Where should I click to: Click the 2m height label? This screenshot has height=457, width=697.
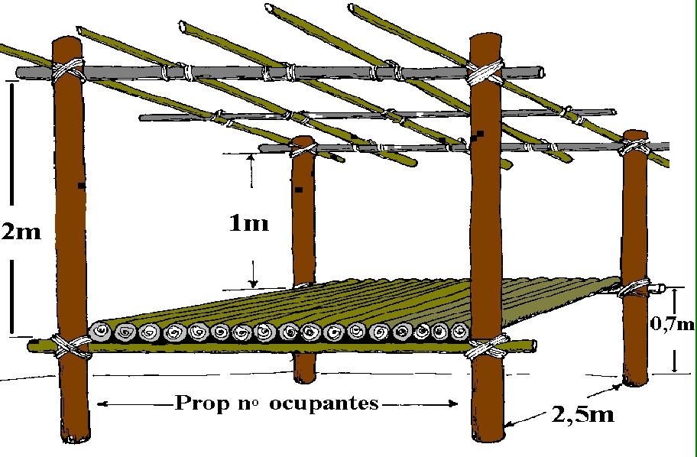click(x=21, y=232)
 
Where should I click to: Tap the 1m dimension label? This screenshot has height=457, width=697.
click(x=249, y=222)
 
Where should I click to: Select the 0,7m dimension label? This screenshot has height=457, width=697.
click(x=672, y=323)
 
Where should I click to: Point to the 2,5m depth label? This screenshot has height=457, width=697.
click(x=583, y=414)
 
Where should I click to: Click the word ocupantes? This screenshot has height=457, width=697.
click(x=324, y=404)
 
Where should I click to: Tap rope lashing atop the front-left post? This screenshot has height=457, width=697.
click(x=68, y=70)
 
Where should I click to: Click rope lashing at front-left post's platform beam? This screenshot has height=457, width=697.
click(x=71, y=346)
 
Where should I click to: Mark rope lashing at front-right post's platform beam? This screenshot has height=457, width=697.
click(x=486, y=347)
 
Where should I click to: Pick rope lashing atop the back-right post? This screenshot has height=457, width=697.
click(x=634, y=147)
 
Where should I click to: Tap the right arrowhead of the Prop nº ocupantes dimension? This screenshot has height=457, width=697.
click(x=453, y=404)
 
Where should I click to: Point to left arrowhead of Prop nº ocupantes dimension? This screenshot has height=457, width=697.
click(x=102, y=404)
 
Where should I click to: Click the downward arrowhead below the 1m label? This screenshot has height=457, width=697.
click(x=254, y=283)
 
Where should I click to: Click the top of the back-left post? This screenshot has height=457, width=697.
click(x=303, y=140)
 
